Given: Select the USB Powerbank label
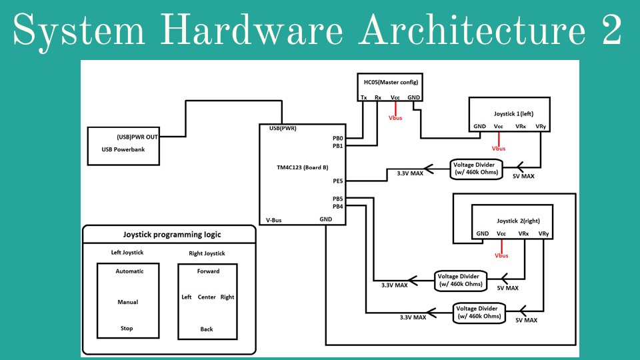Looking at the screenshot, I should coord(118,149).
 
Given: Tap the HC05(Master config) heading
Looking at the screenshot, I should coord(390,81).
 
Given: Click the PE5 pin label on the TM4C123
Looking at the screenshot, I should coord(338,181).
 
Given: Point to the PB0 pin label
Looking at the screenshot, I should coord(338,138).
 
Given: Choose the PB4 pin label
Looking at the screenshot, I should coord(338,207).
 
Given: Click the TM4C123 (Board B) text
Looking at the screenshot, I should coord(302,169).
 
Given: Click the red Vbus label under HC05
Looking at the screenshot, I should coord(396,118).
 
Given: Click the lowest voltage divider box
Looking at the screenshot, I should coord(477,313).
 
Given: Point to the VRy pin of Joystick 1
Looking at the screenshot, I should coord(540,125).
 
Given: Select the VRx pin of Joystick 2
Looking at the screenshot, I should coord(524,233).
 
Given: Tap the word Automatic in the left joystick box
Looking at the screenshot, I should coord(129,271).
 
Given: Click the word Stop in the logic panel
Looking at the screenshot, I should coord(127,329).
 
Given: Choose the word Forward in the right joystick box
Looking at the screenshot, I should coord(208,271).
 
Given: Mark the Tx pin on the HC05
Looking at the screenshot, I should coord(363,97).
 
